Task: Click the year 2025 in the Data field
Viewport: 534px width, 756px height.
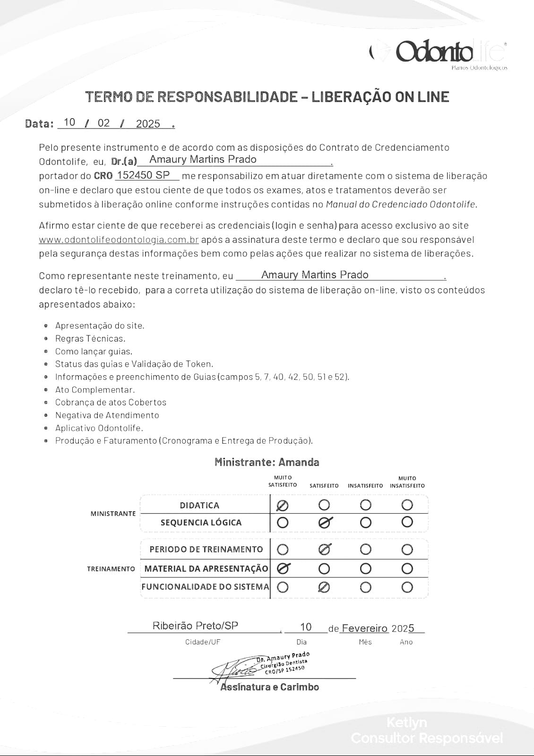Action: coord(148,124)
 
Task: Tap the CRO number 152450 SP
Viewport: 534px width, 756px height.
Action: coord(143,175)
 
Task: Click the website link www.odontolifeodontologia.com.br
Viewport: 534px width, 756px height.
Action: coord(119,240)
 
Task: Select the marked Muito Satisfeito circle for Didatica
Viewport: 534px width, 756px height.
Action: coord(283,506)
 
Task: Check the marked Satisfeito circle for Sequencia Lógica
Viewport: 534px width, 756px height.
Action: coord(325,522)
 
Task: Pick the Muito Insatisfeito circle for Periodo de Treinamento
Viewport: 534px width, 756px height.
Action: coord(407,550)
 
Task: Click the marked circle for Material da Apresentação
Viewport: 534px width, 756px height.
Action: coord(283,568)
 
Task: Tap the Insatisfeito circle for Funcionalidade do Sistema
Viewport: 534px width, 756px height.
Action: coord(366,587)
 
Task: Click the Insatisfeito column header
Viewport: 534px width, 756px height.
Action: coord(365,486)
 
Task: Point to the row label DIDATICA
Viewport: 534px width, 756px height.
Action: coord(199,505)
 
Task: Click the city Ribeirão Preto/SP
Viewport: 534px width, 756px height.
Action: coord(195,626)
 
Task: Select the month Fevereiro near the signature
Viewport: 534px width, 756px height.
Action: coord(364,628)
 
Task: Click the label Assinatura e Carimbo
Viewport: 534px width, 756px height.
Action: coord(269,687)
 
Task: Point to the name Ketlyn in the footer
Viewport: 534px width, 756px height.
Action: coord(406,722)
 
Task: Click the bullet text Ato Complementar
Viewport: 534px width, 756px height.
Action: coord(95,390)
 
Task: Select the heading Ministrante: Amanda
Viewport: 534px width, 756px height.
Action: coord(267,462)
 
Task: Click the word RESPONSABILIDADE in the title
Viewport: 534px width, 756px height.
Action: coord(227,97)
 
